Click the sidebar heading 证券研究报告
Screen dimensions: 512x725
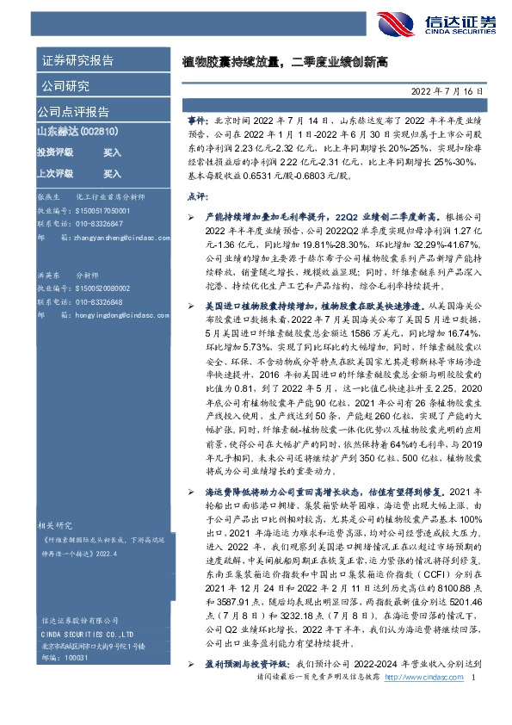click(77, 60)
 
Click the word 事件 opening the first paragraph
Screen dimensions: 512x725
click(196, 125)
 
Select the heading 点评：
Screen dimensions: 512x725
click(197, 197)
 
